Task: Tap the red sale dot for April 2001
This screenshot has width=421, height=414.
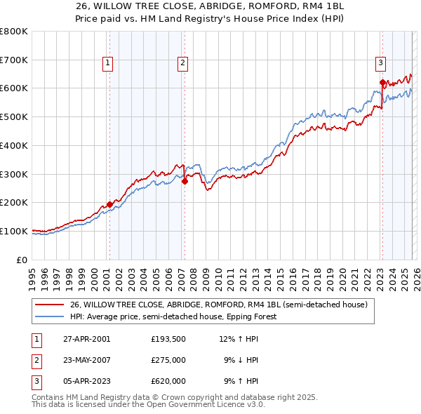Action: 109,204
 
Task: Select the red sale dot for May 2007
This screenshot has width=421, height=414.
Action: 185,181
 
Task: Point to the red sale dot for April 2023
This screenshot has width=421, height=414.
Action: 382,83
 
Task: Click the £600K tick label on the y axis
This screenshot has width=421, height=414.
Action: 14,88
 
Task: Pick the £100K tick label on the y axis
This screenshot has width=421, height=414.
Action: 14,231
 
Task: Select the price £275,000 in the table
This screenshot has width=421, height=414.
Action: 168,360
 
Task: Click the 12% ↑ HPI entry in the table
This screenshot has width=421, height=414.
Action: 239,339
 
